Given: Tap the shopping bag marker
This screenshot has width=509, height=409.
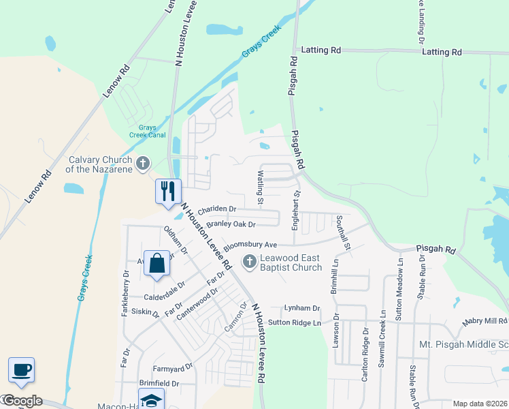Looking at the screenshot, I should (x=157, y=264).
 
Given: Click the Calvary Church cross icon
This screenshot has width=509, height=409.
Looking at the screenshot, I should (x=142, y=163).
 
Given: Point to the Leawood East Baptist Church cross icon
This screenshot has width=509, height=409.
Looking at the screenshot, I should (x=250, y=261).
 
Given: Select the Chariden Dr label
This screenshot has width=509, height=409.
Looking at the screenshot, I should (x=216, y=209).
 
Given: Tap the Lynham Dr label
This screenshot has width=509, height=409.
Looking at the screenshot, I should (x=301, y=308).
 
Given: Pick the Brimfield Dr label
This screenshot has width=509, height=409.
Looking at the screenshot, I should (x=159, y=383).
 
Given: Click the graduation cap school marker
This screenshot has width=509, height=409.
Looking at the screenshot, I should (x=152, y=399).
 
